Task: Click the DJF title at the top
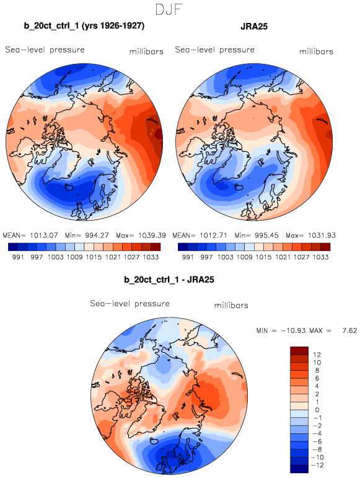[x=169, y=10]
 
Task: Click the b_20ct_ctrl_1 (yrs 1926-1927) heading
[x=84, y=26]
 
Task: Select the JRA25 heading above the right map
[x=254, y=26]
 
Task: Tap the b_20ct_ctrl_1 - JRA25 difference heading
[x=169, y=280]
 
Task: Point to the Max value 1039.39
[x=152, y=236]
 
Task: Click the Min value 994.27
[x=97, y=236]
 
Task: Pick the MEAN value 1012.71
[x=213, y=236]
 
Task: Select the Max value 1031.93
[x=322, y=236]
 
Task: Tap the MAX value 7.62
[x=349, y=330]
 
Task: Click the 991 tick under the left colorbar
[x=18, y=257]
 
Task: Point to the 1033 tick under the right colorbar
[x=321, y=257]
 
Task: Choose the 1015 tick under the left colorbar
[x=94, y=257]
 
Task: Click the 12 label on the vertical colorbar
[x=317, y=355]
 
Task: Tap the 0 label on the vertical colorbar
[x=317, y=410]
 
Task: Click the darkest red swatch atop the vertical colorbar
[x=299, y=350]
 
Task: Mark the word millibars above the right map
[x=316, y=51]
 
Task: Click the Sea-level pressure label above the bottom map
[x=130, y=304]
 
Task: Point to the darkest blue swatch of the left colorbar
[x=13, y=247]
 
